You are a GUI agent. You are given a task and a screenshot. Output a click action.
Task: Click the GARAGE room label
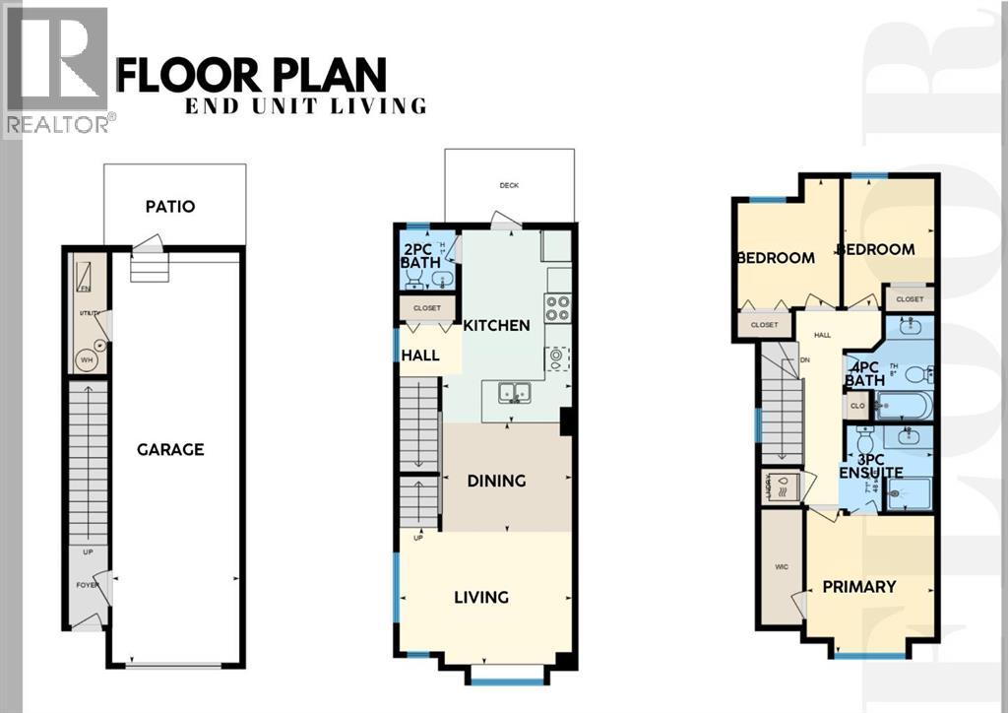tap(170, 449)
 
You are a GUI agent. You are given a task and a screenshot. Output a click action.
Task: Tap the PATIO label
tap(169, 207)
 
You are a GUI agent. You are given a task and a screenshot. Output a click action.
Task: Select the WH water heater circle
tap(87, 360)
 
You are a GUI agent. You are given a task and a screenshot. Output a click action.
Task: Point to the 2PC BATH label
tap(420, 256)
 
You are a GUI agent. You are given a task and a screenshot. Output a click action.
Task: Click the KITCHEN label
tap(497, 325)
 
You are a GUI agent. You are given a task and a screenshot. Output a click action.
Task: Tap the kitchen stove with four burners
tap(558, 308)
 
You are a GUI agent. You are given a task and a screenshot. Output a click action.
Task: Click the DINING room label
tap(496, 481)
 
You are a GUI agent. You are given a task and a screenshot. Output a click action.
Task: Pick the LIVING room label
tap(481, 597)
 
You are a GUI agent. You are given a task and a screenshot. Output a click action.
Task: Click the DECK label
tap(508, 185)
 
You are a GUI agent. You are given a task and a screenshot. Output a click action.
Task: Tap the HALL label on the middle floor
tap(420, 355)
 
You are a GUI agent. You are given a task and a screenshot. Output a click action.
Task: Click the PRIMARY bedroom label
tap(859, 586)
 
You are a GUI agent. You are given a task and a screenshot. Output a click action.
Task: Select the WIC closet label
tap(781, 568)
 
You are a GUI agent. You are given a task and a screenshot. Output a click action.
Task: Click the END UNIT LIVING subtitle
tap(306, 106)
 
